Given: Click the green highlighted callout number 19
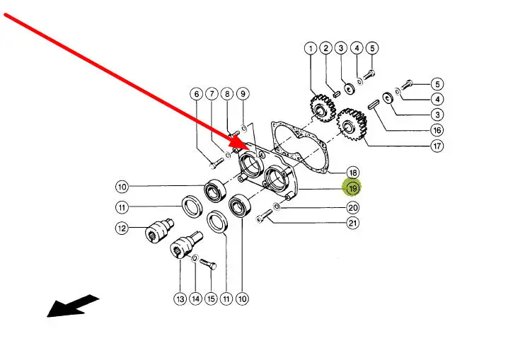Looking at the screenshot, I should [x=352, y=188].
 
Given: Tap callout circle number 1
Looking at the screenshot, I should [x=310, y=49].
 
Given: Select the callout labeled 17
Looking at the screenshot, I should [x=437, y=146].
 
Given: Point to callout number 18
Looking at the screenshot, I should [x=352, y=173].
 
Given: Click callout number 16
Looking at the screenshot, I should [x=437, y=130].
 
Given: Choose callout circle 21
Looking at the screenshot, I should [x=352, y=223].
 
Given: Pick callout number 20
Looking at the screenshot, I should [x=352, y=208].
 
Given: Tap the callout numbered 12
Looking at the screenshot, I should [x=122, y=228].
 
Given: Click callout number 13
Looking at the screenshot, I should [x=180, y=299].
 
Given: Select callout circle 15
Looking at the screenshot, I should [x=210, y=299].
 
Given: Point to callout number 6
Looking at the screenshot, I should [x=196, y=94].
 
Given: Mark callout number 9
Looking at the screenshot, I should [x=242, y=94].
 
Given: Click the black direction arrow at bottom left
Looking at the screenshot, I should [x=72, y=306].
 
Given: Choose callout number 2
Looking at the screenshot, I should [x=325, y=49].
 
